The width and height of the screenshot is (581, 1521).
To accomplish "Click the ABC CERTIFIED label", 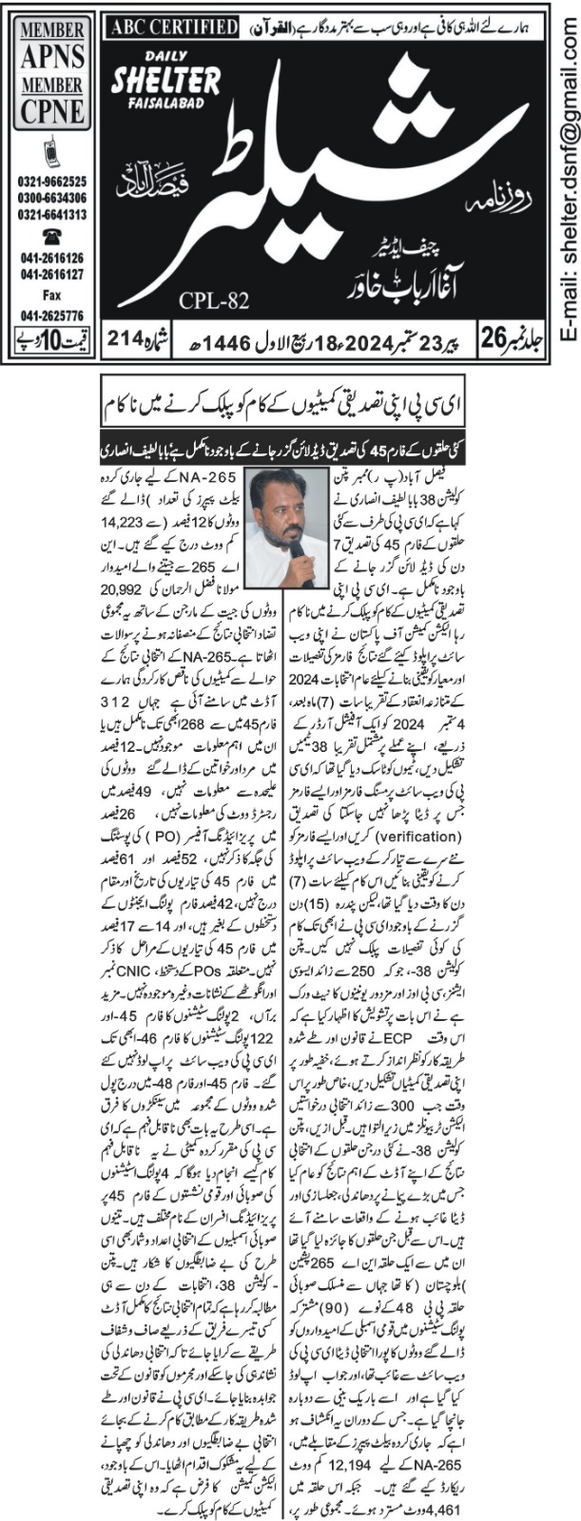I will click(x=171, y=28).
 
